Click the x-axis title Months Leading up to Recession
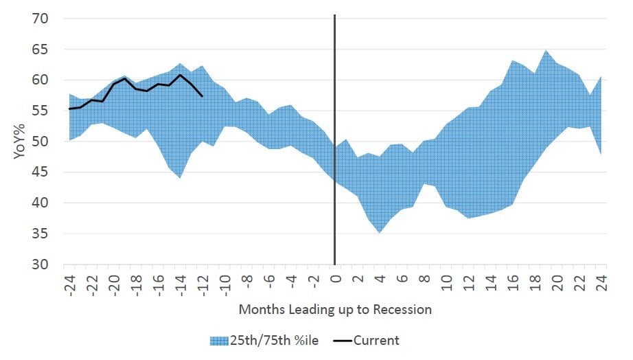tap(335, 310)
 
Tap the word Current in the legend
tap(377, 340)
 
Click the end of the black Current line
tap(202, 96)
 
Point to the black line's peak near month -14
tap(180, 75)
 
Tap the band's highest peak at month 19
tap(546, 51)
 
